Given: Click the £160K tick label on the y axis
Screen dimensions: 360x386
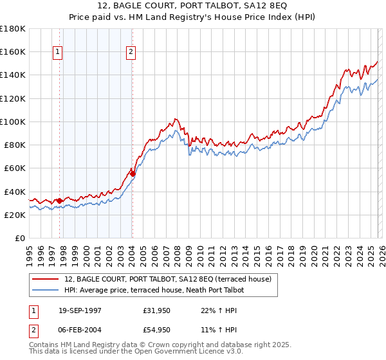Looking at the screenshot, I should click(x=13, y=51).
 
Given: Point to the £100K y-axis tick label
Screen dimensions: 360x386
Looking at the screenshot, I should click(x=13, y=122).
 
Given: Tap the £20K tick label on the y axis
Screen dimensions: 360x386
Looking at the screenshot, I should click(x=15, y=215).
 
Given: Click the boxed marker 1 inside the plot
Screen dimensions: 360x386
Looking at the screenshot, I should click(x=59, y=52).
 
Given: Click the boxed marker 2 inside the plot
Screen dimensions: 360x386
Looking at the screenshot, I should click(x=131, y=52).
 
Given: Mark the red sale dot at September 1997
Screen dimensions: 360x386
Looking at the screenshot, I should click(x=60, y=201).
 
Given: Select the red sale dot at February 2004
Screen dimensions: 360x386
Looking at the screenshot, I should click(x=133, y=174).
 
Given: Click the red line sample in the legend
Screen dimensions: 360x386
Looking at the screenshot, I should click(x=46, y=279).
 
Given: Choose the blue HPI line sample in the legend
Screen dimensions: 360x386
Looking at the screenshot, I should click(x=46, y=289).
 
